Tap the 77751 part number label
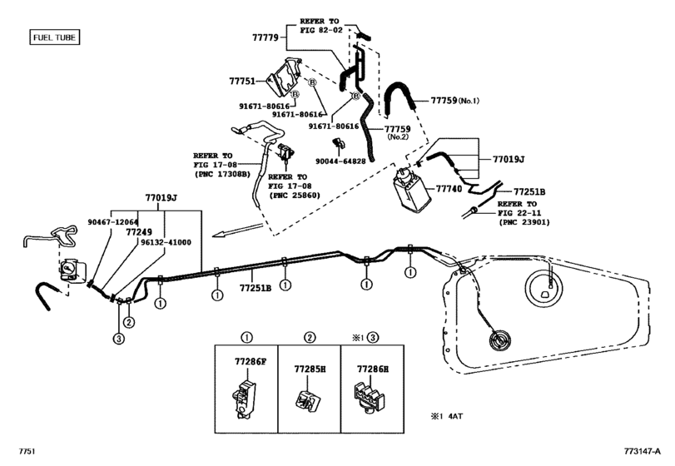coord(245,82)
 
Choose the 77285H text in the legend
coord(309,368)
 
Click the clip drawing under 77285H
coord(307,399)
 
